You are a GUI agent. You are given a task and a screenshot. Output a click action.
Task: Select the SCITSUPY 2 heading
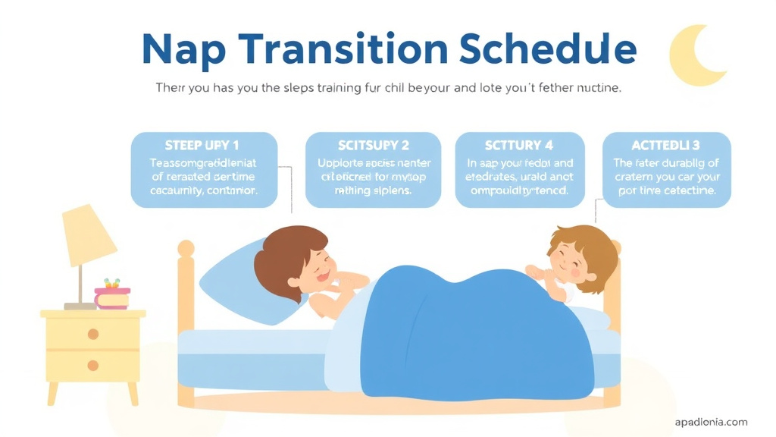(373, 145)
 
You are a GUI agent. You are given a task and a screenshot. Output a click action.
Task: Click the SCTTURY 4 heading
(519, 145)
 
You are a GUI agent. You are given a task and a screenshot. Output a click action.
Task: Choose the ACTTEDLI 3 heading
(666, 145)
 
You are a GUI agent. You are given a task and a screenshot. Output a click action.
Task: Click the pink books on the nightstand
(111, 297)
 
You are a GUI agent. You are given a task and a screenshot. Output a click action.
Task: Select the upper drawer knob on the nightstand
(93, 334)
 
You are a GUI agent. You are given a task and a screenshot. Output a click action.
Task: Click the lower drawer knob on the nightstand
(93, 366)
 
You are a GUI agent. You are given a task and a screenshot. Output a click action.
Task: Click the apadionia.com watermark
(711, 422)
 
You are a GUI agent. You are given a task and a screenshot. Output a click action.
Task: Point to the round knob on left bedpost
(186, 248)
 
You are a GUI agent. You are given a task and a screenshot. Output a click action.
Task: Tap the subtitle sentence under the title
(388, 88)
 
